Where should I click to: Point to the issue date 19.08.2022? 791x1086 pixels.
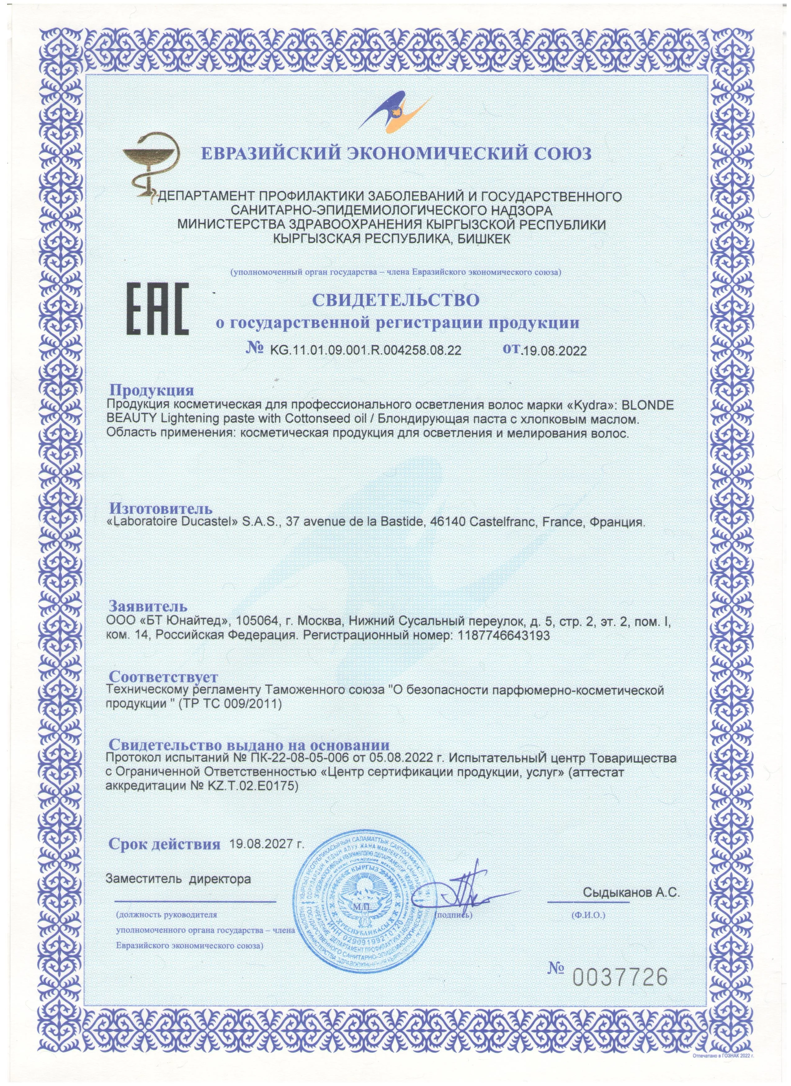tap(554, 351)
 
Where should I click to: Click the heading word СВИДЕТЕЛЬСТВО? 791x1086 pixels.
tap(395, 300)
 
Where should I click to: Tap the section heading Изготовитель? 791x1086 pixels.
tap(161, 508)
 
